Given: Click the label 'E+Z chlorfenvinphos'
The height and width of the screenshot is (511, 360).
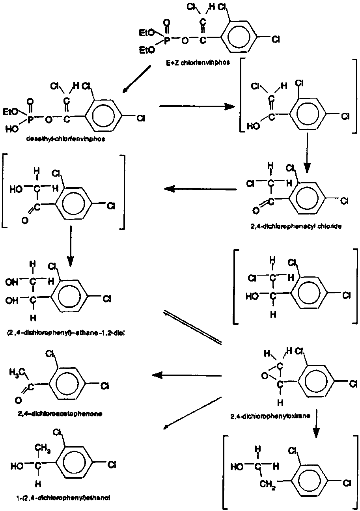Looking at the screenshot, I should point(192,62).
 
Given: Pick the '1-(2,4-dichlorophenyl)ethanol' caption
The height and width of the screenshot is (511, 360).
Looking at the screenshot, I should point(58,497).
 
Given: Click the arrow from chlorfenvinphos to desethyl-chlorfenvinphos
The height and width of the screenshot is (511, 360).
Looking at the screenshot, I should point(136,80).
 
